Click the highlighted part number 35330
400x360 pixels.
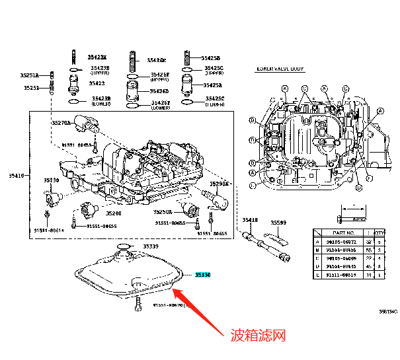202,273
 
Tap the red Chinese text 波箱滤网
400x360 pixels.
257,336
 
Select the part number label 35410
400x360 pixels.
16,176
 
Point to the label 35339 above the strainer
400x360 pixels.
151,246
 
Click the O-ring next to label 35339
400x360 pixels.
123,247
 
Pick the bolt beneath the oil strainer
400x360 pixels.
138,304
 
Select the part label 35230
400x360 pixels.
52,180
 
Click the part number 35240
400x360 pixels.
115,213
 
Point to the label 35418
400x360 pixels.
249,219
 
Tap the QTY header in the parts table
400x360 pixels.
380,233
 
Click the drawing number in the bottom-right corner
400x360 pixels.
388,311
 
